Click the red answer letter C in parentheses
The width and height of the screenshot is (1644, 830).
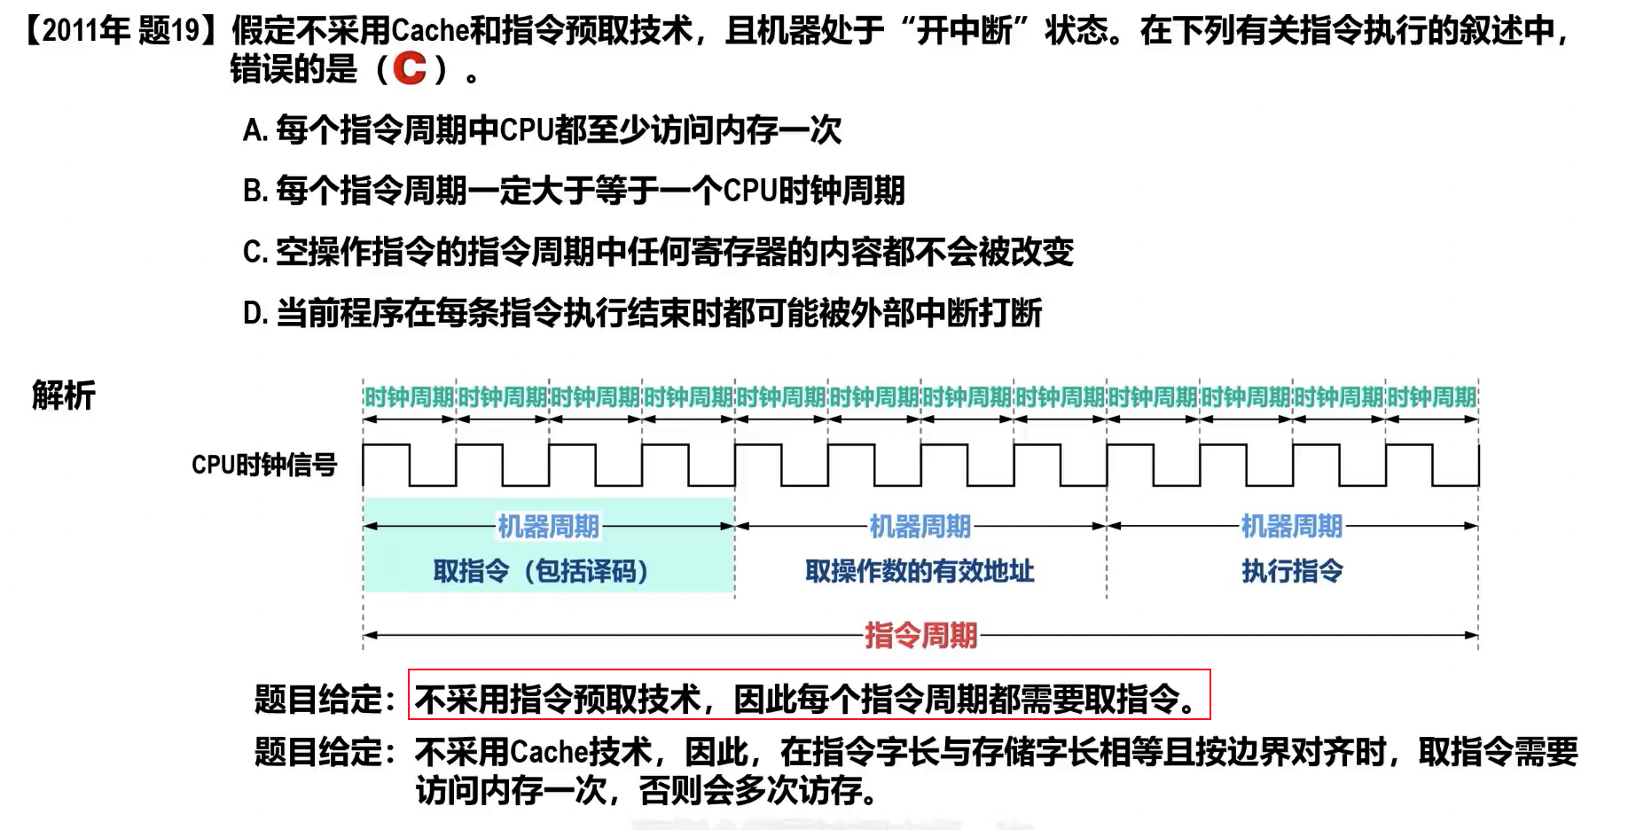tap(410, 69)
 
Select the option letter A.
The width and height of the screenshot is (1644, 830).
tap(254, 131)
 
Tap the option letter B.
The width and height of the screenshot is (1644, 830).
tap(254, 192)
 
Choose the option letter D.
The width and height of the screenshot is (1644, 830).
tap(254, 314)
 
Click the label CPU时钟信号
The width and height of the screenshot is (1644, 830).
tap(264, 465)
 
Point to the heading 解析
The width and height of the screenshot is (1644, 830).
tap(64, 395)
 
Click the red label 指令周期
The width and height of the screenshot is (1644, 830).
tap(920, 635)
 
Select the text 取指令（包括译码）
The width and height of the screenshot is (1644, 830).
tap(541, 571)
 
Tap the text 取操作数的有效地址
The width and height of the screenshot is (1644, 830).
tap(920, 571)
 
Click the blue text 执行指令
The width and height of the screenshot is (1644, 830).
tap(1292, 571)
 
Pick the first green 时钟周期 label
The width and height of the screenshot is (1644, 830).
tap(409, 397)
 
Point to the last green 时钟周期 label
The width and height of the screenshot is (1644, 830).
tap(1431, 397)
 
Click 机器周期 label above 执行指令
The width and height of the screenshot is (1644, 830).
tap(1291, 527)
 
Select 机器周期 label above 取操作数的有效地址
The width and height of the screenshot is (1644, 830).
tap(920, 527)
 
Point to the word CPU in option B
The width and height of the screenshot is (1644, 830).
tap(750, 192)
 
